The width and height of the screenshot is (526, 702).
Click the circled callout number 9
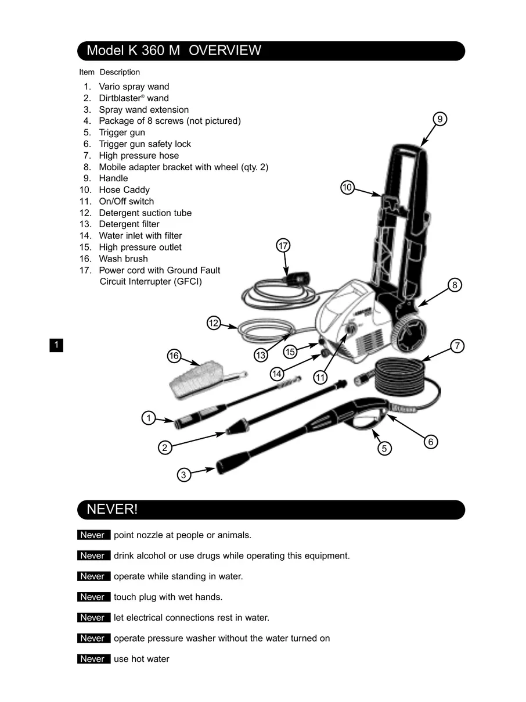(x=440, y=119)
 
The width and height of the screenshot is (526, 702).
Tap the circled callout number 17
(x=283, y=246)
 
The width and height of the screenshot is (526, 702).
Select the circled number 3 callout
(x=183, y=475)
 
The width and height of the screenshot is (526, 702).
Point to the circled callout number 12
(x=214, y=323)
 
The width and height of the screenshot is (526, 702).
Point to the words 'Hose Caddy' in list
(x=124, y=190)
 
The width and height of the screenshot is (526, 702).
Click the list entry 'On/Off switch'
(x=127, y=202)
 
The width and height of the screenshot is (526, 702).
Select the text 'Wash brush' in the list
(x=123, y=259)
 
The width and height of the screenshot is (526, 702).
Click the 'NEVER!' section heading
(x=112, y=510)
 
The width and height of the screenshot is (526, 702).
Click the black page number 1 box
(x=56, y=345)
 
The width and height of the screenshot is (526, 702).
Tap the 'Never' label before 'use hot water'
(x=93, y=659)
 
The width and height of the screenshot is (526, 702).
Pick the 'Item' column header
(x=87, y=72)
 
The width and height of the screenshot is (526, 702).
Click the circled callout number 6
(x=430, y=442)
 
